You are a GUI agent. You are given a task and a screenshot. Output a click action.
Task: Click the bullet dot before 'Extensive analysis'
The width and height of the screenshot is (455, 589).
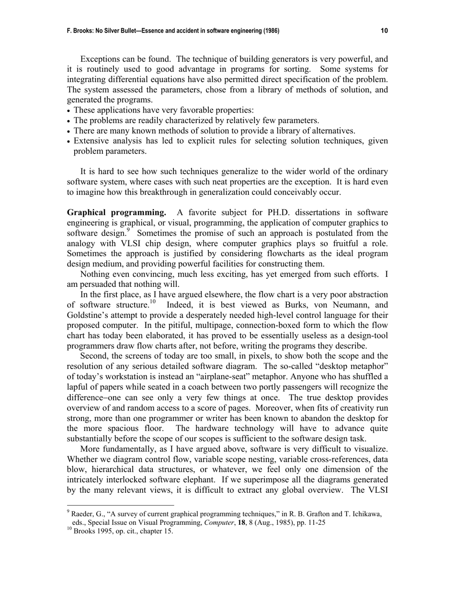69,142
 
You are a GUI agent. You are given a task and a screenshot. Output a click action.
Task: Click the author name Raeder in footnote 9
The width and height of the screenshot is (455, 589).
83,514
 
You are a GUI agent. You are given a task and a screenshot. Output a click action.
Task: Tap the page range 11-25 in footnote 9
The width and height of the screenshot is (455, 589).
315,522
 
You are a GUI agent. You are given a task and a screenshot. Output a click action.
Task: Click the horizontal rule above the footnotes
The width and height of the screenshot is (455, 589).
120,505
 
